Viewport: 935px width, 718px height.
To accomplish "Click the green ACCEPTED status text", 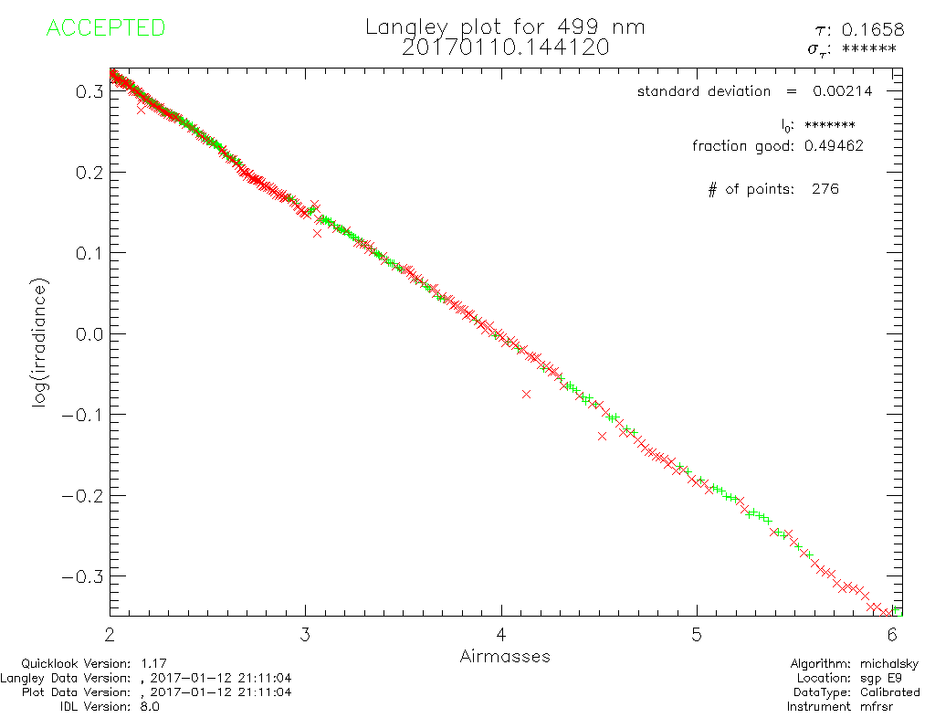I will [105, 28].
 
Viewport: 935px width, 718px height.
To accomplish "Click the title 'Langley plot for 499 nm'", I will [505, 27].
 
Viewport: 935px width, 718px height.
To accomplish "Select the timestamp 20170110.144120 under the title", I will [505, 48].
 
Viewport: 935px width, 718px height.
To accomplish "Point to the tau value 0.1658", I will [878, 30].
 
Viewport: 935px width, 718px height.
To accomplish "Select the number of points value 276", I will [825, 189].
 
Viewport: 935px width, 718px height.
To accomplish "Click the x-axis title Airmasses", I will [505, 656].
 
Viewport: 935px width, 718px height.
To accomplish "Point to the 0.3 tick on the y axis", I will [89, 91].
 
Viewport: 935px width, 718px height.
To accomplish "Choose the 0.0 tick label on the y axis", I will [89, 333].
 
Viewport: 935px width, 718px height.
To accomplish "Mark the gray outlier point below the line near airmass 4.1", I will [526, 394].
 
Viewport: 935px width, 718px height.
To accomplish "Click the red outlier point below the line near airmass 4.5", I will [602, 436].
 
